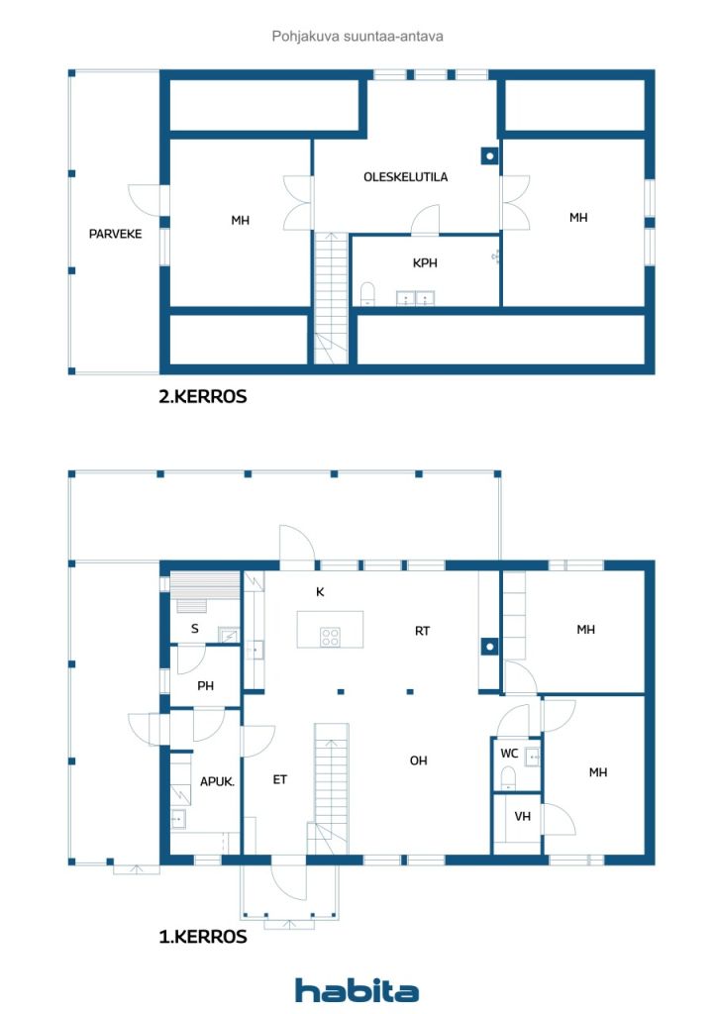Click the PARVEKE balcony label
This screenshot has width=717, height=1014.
[115, 234]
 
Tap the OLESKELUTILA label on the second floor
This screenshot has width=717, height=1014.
[405, 176]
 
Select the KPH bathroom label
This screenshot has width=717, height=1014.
[425, 262]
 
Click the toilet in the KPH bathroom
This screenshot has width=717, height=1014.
[367, 293]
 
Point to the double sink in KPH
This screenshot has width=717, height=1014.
[415, 298]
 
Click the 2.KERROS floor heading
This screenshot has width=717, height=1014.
[203, 396]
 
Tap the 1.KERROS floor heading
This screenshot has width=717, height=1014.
[203, 937]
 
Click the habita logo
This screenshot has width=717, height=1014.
[357, 990]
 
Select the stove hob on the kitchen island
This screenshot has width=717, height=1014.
[331, 637]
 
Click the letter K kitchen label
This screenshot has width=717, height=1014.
[320, 592]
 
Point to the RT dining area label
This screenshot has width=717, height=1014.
[422, 631]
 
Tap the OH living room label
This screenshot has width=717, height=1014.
[418, 760]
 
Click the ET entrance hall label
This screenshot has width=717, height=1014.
[279, 779]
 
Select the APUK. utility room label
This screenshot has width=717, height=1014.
[217, 781]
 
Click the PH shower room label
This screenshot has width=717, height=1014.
[206, 685]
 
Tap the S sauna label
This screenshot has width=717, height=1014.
[195, 628]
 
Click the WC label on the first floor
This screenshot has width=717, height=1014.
[509, 753]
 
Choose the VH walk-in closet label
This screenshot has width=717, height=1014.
[522, 816]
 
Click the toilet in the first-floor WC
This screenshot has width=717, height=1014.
[508, 778]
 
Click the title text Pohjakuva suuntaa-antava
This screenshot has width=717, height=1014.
[358, 37]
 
